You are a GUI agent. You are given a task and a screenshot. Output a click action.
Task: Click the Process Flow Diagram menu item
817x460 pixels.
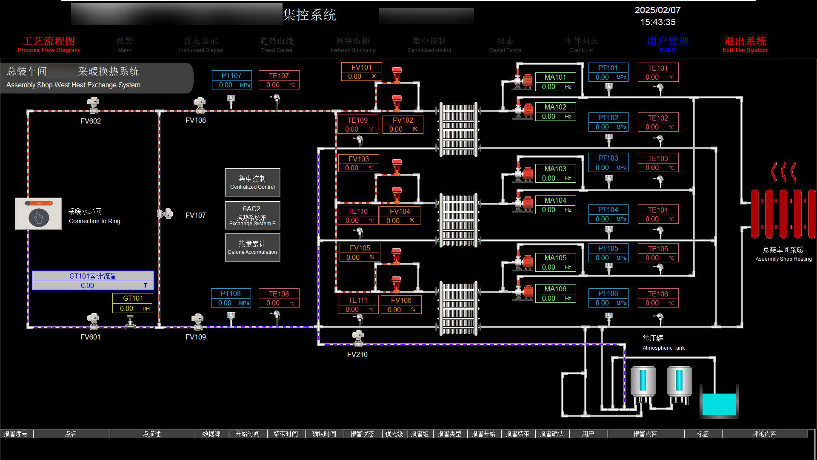[49, 44]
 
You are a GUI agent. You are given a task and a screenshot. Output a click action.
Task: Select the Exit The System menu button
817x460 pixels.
[745, 44]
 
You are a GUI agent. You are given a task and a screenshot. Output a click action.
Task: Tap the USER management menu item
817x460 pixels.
[667, 44]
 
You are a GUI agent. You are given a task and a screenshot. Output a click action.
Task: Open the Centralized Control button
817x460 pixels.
[252, 182]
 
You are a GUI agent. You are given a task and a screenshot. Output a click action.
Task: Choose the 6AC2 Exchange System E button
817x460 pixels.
[252, 215]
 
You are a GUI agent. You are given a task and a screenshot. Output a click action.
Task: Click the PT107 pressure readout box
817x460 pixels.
[231, 80]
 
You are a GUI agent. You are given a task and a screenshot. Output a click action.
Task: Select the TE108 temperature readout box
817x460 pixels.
[279, 298]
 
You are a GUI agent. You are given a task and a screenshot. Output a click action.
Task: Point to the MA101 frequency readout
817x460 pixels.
[555, 82]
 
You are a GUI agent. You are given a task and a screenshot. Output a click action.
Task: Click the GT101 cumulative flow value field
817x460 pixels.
[93, 285]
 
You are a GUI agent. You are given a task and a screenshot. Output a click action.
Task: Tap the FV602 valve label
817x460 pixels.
[91, 121]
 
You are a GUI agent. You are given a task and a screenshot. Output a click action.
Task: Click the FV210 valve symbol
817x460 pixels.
[358, 338]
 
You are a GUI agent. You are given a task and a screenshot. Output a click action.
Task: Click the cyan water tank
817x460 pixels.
[719, 404]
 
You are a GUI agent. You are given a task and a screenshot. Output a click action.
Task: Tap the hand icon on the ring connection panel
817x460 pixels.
[39, 218]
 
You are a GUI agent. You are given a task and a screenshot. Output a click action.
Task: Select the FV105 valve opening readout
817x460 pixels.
[360, 253]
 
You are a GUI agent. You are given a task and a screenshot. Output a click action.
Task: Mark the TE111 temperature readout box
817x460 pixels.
[357, 305]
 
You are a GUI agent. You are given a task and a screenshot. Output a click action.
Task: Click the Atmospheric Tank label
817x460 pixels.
[663, 343]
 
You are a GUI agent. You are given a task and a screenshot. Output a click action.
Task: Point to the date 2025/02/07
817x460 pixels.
[657, 10]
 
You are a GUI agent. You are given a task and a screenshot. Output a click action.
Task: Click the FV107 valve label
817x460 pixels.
[196, 215]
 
